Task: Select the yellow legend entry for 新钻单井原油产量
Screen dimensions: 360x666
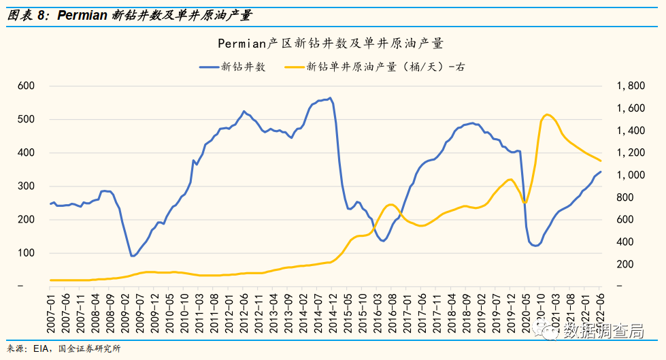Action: tap(374, 67)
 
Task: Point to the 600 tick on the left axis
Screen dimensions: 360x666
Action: tap(26, 86)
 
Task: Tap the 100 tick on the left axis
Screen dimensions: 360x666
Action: tap(26, 253)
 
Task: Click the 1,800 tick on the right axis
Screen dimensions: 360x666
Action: tap(630, 86)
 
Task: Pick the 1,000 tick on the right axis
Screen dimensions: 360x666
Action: tap(630, 175)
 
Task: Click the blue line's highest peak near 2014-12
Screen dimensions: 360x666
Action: tap(330, 98)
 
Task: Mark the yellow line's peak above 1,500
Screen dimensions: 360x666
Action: tap(548, 114)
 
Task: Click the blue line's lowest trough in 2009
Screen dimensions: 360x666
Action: tap(133, 256)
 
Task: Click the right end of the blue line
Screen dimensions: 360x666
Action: tap(601, 171)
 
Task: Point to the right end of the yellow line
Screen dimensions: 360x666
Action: tap(601, 161)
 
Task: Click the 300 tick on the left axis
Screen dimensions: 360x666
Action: tap(26, 186)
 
